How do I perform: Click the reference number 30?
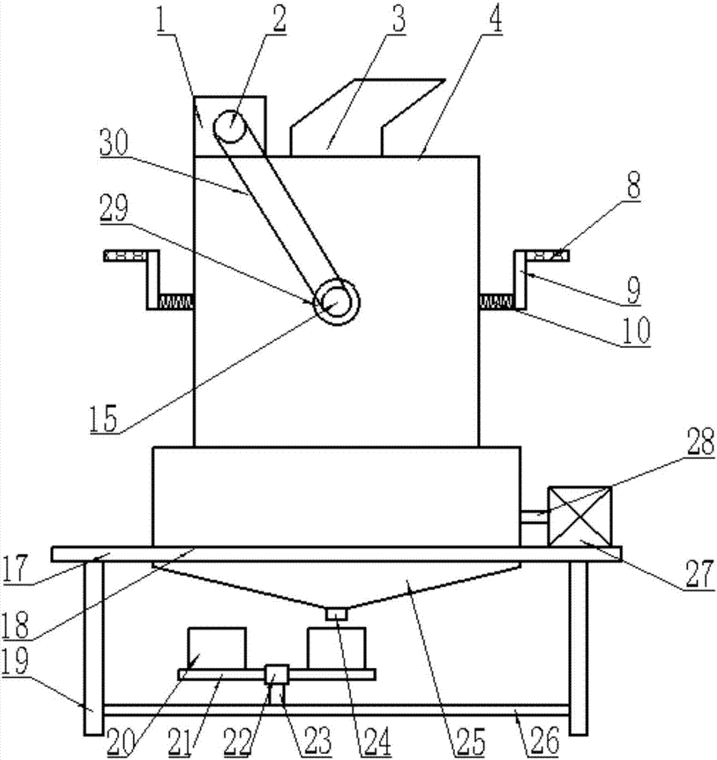[x=114, y=143]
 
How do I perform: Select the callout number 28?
[x=700, y=441]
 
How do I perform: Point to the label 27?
[x=700, y=574]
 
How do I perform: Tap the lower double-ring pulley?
[x=337, y=302]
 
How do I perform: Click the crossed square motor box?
[x=580, y=516]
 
